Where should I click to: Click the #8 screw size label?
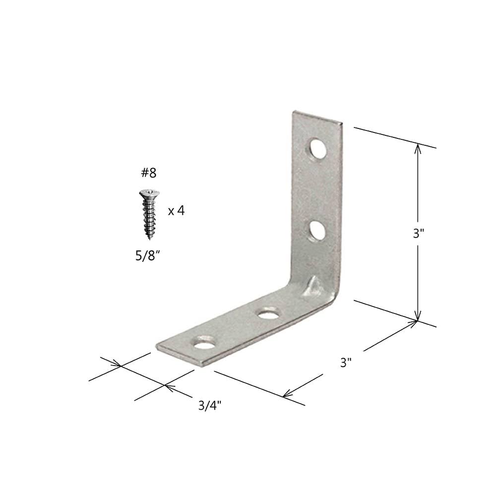pyautogui.click(x=148, y=173)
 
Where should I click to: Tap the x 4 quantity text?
pyautogui.click(x=176, y=210)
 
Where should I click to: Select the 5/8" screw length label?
pyautogui.click(x=146, y=255)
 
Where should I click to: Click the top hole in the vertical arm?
pyautogui.click(x=318, y=148)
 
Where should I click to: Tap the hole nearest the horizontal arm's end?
pyautogui.click(x=204, y=343)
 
